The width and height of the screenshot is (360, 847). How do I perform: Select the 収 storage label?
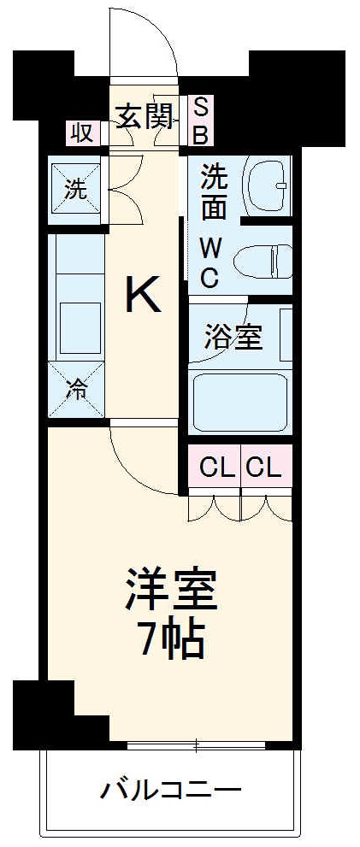coord(81,132)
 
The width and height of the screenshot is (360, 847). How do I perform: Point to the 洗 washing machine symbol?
coord(76,190)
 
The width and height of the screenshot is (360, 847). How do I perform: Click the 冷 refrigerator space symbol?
coord(77,391)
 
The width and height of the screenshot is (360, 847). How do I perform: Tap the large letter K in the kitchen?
coord(143,296)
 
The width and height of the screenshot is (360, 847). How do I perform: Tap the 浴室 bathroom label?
coord(233,336)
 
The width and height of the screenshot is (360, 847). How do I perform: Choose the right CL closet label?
coord(264,468)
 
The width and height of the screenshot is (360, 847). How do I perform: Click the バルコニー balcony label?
coord(171,788)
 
